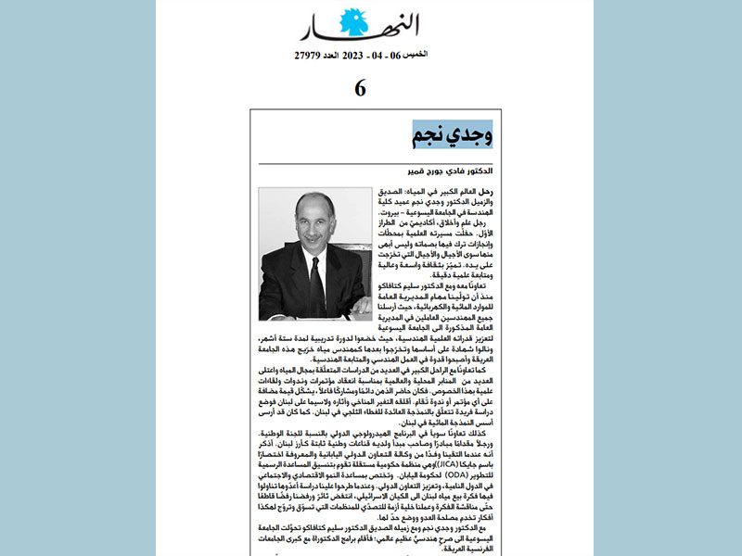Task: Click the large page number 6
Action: (x=360, y=89)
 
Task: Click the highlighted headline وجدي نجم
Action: (x=452, y=132)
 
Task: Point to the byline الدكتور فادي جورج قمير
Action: (x=452, y=172)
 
